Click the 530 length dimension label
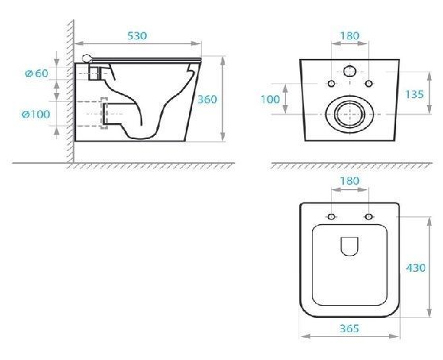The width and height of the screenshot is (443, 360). coord(137,36)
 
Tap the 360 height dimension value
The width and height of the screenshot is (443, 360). coord(207,99)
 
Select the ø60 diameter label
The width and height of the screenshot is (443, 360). coord(37,74)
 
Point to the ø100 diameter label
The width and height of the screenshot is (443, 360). coord(37,114)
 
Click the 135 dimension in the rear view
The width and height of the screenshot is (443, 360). coord(414,94)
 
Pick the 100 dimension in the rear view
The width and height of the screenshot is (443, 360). coord(270,99)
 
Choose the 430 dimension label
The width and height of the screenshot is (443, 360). coord(415,268)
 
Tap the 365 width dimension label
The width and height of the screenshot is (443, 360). coord(349,329)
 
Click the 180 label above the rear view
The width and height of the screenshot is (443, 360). coord(349,36)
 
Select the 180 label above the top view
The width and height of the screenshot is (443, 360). coord(349,181)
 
